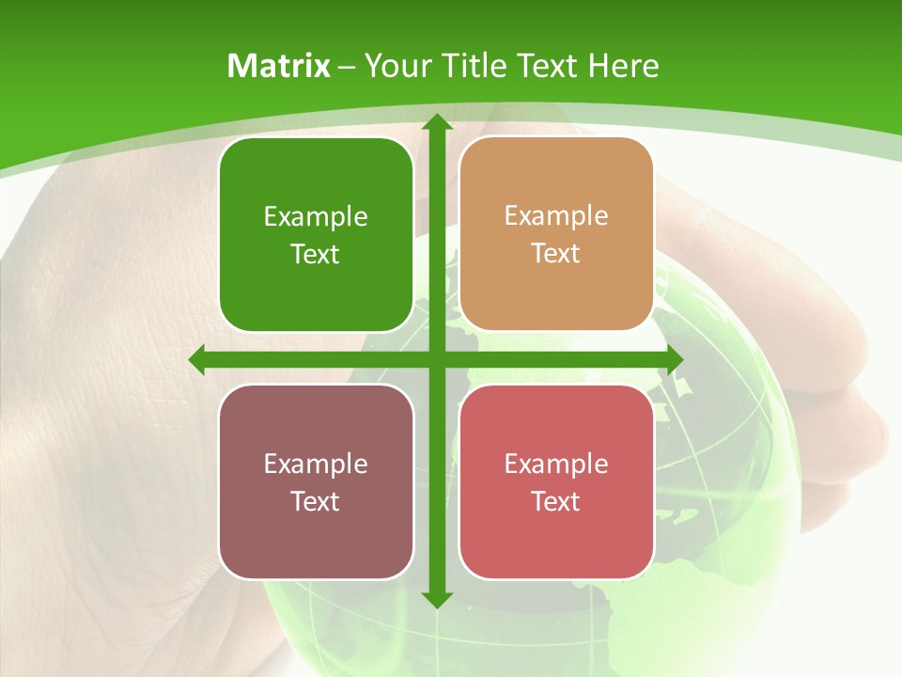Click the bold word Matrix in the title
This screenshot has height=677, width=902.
tap(279, 66)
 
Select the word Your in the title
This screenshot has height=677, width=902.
tap(396, 66)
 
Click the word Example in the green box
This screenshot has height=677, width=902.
tap(316, 217)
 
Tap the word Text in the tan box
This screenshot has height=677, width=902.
tap(556, 254)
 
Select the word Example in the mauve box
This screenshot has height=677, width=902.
tap(316, 464)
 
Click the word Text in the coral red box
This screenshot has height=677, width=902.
tap(556, 501)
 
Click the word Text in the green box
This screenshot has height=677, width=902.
tap(316, 255)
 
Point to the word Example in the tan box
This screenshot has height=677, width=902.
tap(556, 216)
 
